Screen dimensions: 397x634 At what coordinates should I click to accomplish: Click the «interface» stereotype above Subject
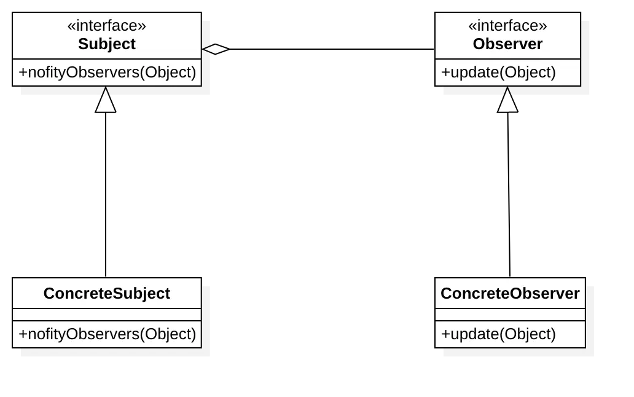(107, 26)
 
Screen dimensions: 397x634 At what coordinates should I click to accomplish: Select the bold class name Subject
(107, 44)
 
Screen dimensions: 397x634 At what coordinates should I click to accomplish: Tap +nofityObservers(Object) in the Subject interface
(107, 73)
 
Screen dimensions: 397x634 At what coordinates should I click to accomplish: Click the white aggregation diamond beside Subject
(215, 49)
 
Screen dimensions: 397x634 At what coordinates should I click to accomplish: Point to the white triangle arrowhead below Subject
(106, 101)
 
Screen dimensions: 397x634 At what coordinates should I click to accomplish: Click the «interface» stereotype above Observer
(507, 26)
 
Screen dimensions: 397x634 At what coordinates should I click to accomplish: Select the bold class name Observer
(507, 44)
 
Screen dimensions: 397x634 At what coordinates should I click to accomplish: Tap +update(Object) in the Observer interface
(498, 73)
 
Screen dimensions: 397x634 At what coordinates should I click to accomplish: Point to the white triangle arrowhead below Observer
(507, 101)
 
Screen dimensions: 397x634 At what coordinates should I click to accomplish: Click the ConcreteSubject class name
(107, 294)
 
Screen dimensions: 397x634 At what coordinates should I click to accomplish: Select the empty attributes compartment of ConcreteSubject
(107, 315)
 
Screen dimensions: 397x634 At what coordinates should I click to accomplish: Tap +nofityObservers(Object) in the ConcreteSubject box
(107, 334)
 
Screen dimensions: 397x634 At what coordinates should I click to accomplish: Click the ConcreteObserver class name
(510, 294)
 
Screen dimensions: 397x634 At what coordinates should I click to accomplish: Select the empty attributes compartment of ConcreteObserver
(510, 315)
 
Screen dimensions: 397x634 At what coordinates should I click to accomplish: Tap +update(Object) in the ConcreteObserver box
(498, 334)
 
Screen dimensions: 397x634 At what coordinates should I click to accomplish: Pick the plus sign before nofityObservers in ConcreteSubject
(23, 334)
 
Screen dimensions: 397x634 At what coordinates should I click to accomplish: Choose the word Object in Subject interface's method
(167, 73)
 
